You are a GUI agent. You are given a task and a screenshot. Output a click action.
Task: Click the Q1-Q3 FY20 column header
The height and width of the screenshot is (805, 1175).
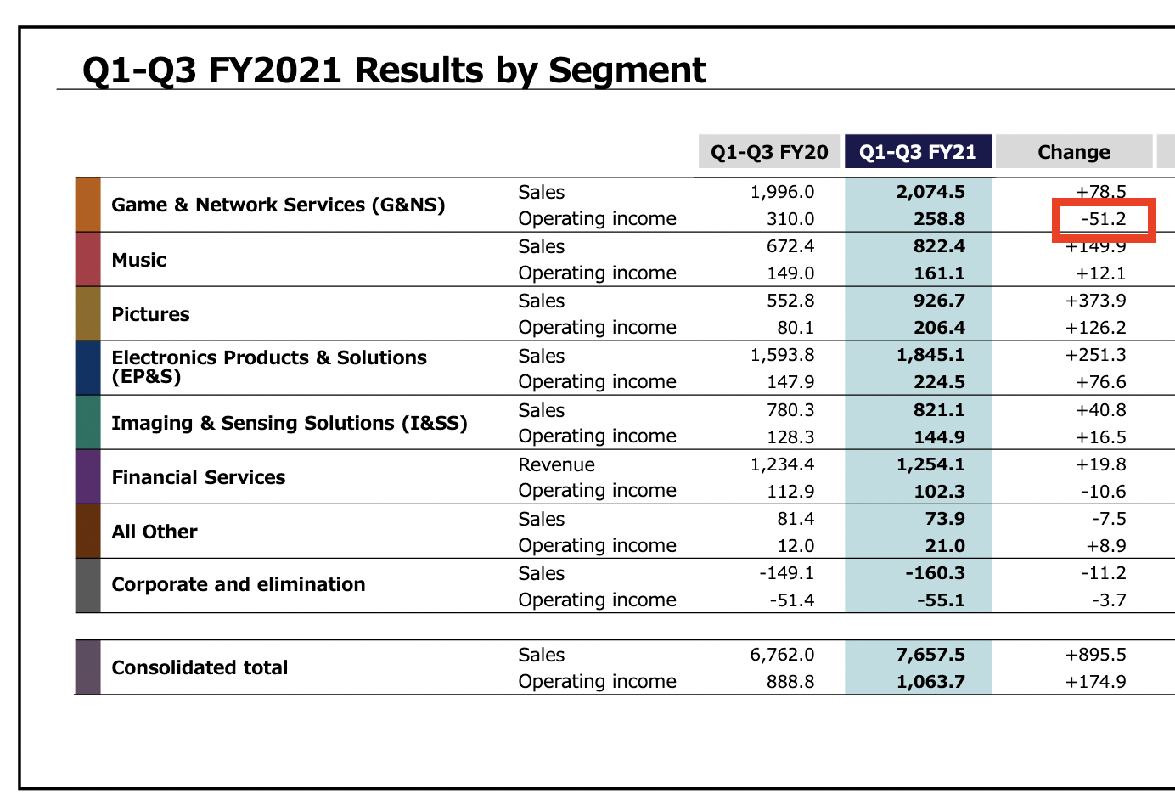(x=769, y=152)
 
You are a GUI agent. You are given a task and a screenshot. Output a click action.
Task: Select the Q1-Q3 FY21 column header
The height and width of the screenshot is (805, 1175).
(x=918, y=152)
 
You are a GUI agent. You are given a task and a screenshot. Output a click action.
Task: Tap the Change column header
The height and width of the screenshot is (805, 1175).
(x=1074, y=152)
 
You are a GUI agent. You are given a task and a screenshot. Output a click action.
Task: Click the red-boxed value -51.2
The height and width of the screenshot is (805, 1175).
(x=1104, y=219)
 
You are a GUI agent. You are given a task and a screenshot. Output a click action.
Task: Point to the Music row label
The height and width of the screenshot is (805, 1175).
(x=139, y=260)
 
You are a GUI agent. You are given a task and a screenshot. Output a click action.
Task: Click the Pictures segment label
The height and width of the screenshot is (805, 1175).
(x=150, y=314)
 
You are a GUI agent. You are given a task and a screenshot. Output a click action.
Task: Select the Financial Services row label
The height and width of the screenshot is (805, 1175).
(x=199, y=477)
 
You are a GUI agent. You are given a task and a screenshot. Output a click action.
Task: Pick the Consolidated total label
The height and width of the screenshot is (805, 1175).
(x=200, y=667)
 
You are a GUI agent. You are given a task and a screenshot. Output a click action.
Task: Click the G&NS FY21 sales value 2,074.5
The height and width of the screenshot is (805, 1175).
(x=930, y=192)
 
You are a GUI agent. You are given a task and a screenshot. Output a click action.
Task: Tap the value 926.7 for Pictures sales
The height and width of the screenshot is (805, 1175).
(x=939, y=301)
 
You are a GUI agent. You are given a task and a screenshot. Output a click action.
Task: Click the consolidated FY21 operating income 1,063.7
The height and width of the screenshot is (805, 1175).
(x=930, y=682)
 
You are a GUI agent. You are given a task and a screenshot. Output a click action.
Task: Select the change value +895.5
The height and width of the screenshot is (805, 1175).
(x=1095, y=655)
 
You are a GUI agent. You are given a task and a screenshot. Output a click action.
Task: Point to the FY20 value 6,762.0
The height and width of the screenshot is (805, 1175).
(x=782, y=655)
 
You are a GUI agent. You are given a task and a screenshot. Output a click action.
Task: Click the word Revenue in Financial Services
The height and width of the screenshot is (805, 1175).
(x=557, y=464)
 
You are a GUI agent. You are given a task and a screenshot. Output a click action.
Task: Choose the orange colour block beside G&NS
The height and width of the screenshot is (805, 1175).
(x=88, y=205)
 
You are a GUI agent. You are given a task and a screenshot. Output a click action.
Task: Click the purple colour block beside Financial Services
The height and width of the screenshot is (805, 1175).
(x=88, y=477)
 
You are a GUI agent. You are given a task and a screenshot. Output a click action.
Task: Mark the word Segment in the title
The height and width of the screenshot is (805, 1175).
(x=627, y=70)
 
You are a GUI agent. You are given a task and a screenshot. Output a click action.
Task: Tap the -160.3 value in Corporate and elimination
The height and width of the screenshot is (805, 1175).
(x=936, y=573)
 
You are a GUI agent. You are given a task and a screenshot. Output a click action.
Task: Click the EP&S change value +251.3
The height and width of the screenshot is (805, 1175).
(x=1095, y=355)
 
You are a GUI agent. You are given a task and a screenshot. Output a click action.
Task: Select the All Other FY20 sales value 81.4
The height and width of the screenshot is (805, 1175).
(x=796, y=519)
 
